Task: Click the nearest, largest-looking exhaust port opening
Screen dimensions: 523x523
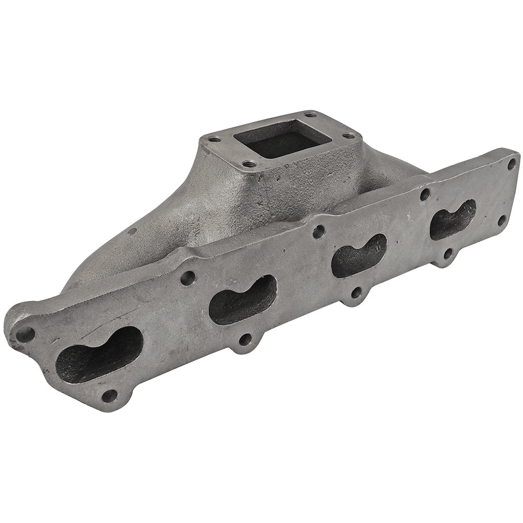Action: pyautogui.click(x=99, y=354)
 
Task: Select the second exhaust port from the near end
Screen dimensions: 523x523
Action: pyautogui.click(x=242, y=300)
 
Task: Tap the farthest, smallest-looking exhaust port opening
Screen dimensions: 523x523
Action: pyautogui.click(x=453, y=219)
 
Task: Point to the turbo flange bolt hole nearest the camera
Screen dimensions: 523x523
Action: pyautogui.click(x=249, y=164)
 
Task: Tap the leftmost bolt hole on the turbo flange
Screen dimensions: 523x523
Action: pyautogui.click(x=214, y=140)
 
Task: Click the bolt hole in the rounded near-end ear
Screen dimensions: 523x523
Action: pyautogui.click(x=25, y=334)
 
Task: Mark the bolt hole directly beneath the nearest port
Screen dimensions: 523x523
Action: pyautogui.click(x=109, y=395)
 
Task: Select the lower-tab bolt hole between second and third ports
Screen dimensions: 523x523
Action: pyautogui.click(x=356, y=292)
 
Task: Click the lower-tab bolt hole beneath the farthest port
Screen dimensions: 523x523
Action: pyautogui.click(x=448, y=254)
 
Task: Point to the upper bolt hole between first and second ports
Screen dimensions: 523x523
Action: pyautogui.click(x=188, y=278)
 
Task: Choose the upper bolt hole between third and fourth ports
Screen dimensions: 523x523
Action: pyautogui.click(x=425, y=195)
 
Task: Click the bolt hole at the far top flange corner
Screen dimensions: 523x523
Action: pyautogui.click(x=511, y=164)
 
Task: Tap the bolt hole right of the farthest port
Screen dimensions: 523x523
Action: pyautogui.click(x=502, y=220)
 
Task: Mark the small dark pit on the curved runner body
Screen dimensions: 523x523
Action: pyautogui.click(x=131, y=231)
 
